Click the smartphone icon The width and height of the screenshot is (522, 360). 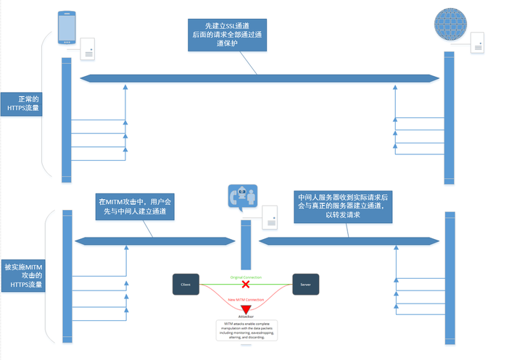67,28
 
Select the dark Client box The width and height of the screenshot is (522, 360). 186,285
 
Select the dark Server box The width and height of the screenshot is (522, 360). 305,285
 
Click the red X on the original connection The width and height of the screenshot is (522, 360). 246,285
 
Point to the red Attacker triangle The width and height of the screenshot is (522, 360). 246,309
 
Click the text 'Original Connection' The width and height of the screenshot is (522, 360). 246,277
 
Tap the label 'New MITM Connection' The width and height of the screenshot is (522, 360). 246,299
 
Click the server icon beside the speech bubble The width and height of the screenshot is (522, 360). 269,217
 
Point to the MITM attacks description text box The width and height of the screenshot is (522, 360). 246,330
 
